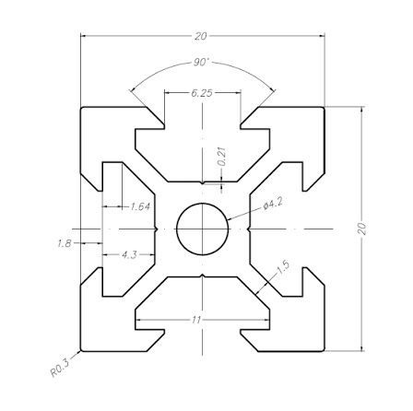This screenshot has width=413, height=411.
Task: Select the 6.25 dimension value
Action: pos(202,93)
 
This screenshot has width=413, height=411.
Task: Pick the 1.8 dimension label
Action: pos(64,243)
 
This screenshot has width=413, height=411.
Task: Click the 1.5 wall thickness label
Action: pos(282,267)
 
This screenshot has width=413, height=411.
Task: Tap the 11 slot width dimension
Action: pos(197,319)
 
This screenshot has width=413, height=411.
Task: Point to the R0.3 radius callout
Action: pos(59,371)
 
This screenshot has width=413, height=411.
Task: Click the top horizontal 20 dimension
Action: pos(201,36)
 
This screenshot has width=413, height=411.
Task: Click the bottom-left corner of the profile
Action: pos(82,351)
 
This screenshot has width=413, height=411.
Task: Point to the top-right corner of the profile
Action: pos(324,107)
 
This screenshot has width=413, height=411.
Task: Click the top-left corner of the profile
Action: pos(82,107)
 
